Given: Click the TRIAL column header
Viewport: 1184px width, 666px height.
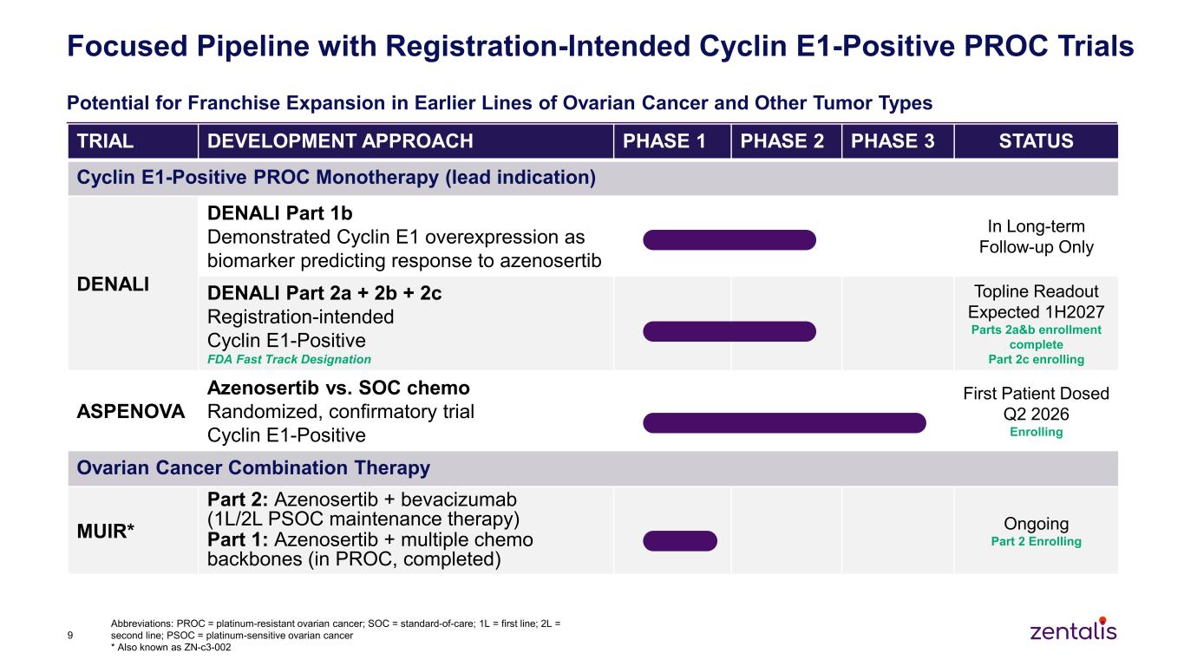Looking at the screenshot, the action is point(105,141).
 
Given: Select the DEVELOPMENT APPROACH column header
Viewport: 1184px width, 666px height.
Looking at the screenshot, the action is point(340,141).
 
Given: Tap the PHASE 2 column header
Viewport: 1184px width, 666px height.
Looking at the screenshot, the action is point(782,141).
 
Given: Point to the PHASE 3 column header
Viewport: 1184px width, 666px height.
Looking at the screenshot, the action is point(893,141).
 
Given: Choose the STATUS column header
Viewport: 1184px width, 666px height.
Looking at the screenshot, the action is point(1036,141).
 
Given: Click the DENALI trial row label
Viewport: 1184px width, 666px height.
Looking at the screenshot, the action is point(113,284).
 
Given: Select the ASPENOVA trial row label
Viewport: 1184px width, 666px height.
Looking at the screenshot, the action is point(131,411).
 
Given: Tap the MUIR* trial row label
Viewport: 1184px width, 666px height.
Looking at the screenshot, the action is point(105,531).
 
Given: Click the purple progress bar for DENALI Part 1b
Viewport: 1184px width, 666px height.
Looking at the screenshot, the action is point(729,240).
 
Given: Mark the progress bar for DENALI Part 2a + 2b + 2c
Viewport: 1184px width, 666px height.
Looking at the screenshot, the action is point(729,331).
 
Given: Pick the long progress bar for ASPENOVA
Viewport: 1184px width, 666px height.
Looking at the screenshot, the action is point(784,423).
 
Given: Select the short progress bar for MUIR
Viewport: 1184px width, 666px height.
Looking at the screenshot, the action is point(680,541).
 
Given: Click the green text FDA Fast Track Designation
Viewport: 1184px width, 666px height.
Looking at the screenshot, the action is point(289,359).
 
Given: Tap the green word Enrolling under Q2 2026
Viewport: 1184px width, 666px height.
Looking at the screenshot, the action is point(1036,432).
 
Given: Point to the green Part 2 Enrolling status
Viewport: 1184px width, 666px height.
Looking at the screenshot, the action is point(1036,541).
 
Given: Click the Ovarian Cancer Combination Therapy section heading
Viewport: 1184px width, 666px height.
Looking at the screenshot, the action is point(253,467).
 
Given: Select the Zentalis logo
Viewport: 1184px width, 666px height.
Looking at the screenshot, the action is point(1074,629).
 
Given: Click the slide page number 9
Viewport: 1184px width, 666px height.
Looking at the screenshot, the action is point(70,635).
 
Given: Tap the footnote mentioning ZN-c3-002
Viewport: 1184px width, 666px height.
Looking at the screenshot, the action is point(171,647).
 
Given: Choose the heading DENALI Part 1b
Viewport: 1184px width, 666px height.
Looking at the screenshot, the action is point(279,213).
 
